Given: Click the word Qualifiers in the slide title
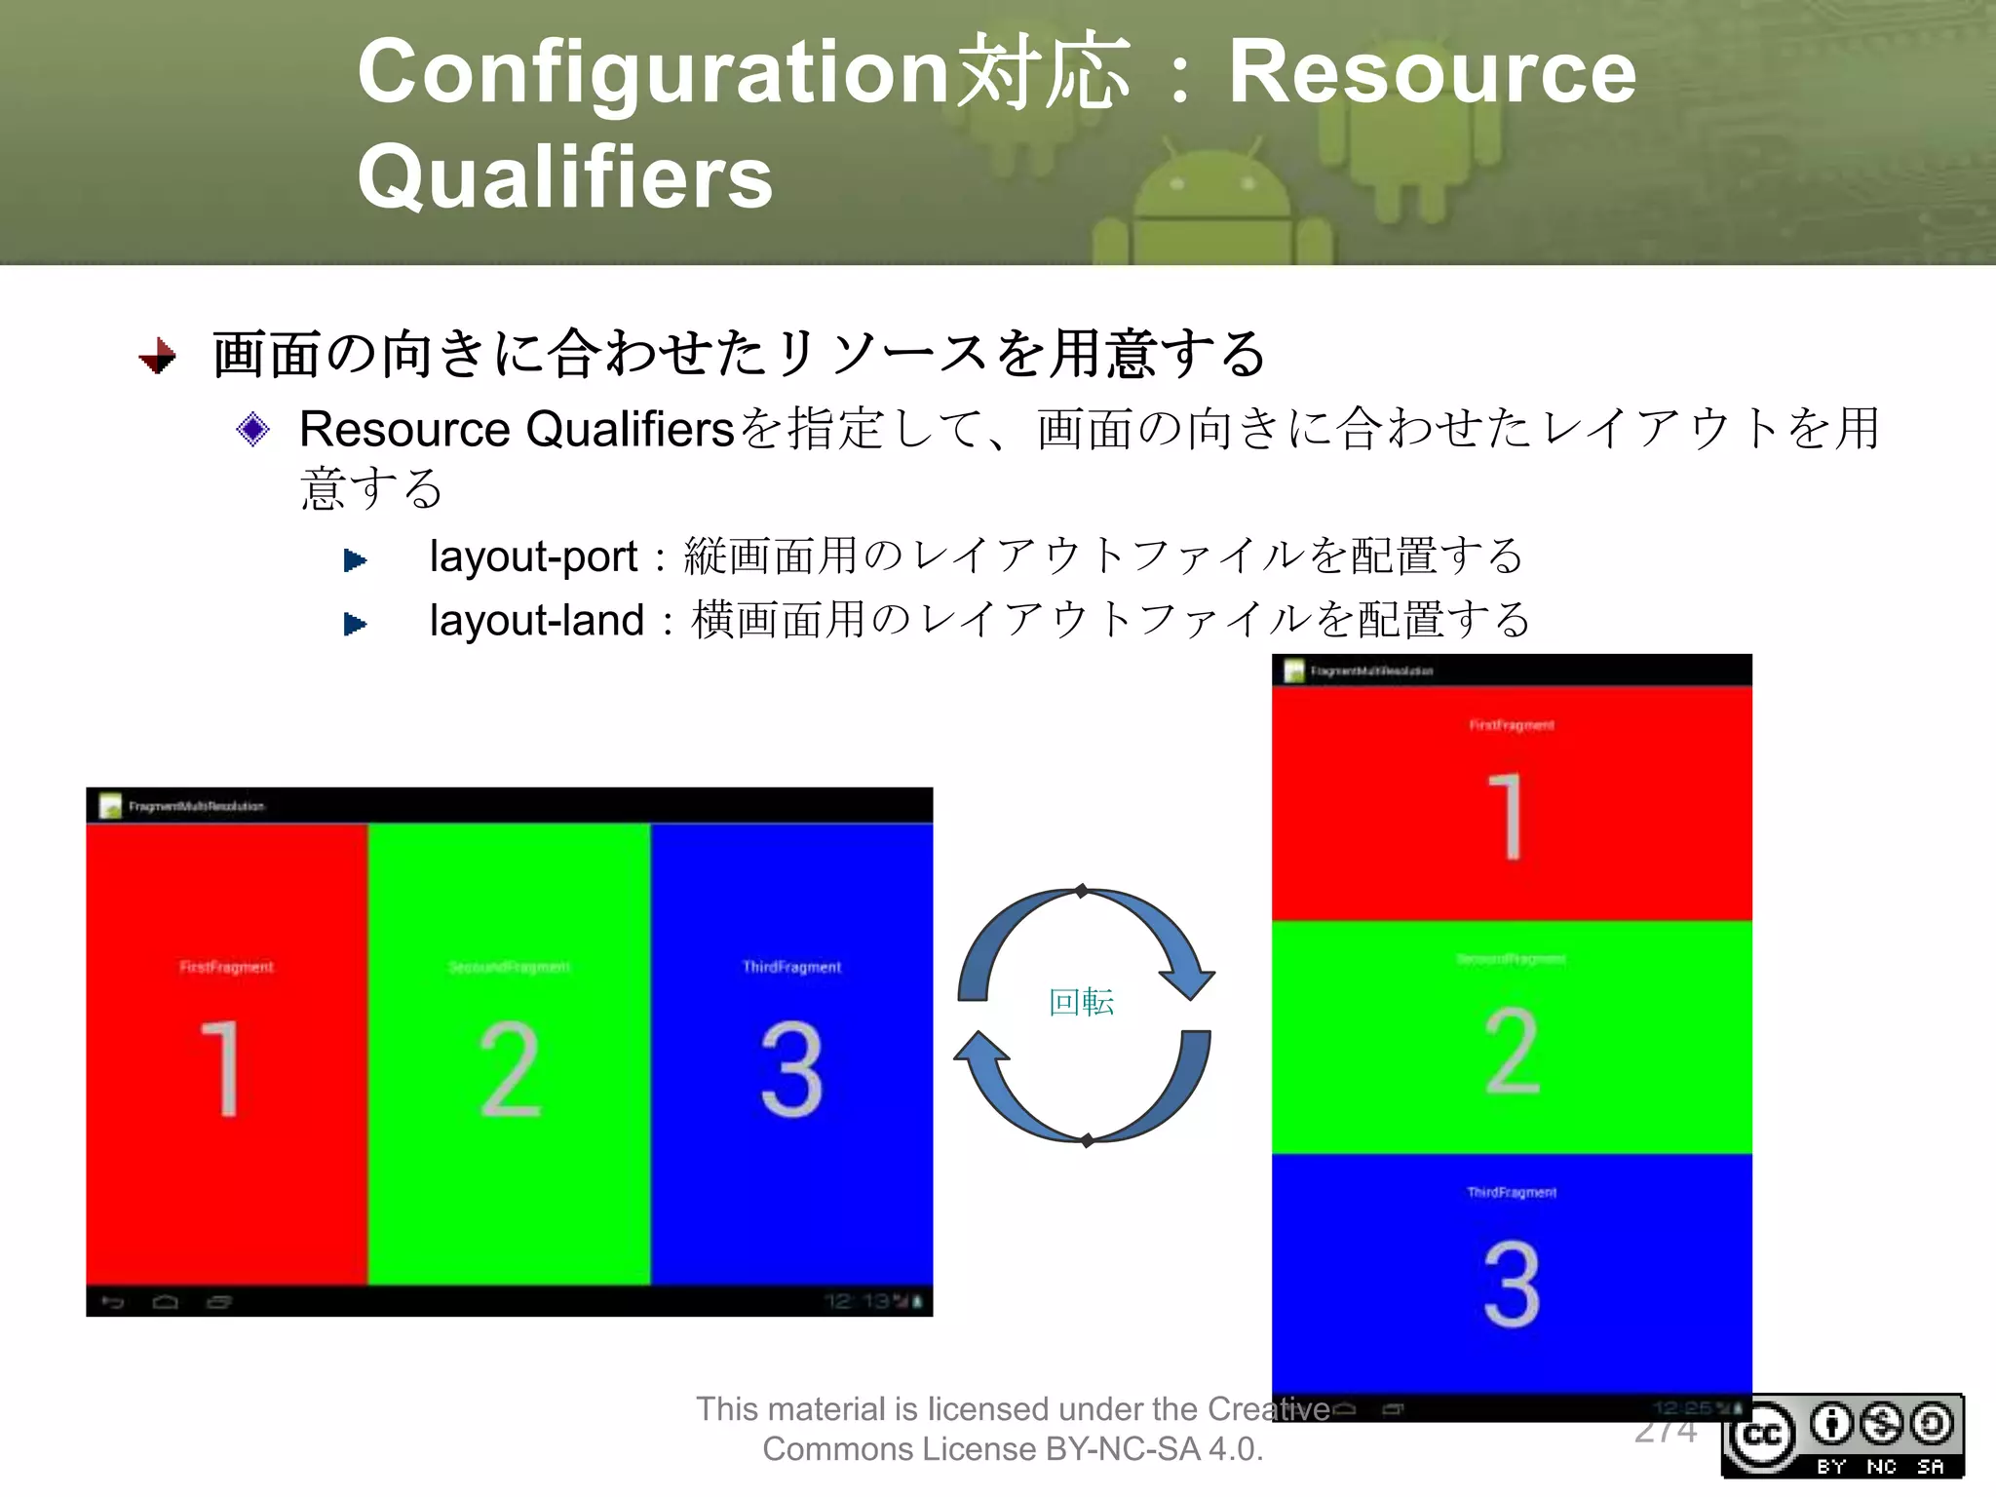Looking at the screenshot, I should [564, 177].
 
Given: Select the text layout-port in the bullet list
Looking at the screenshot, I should [533, 557].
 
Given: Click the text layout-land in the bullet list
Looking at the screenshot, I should [537, 621].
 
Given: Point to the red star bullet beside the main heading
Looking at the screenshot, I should [158, 356].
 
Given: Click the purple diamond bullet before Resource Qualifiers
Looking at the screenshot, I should [252, 429].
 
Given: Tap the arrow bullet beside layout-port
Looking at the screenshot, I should [356, 560].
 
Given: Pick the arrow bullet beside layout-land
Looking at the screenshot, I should [356, 624].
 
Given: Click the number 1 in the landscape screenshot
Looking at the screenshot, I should [222, 1068].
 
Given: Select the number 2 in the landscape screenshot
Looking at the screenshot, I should [509, 1068].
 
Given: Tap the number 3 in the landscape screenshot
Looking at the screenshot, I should [791, 1068].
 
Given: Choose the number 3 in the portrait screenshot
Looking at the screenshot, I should [1512, 1284].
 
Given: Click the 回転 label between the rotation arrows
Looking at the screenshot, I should [1081, 1003].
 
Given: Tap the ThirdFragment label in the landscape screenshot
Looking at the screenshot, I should [791, 967].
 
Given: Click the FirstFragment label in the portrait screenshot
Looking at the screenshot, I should [1512, 725].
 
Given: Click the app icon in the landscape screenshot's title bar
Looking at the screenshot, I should [110, 806].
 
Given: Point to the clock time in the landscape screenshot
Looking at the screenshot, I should [857, 1301].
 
